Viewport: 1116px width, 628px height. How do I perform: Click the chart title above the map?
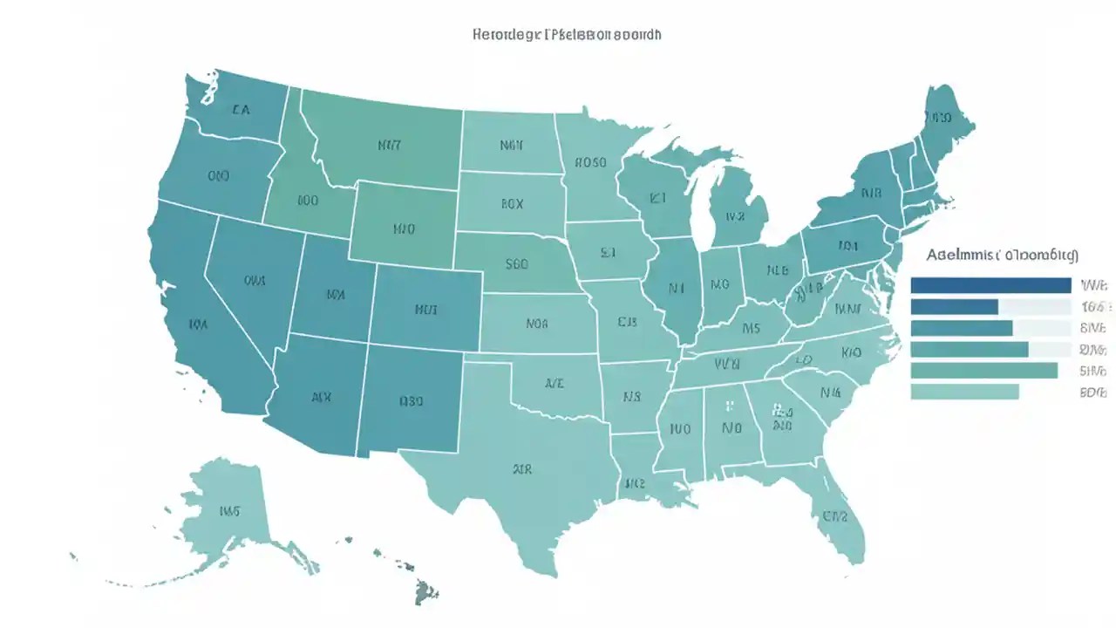pyautogui.click(x=566, y=35)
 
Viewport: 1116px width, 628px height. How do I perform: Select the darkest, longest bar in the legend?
pyautogui.click(x=990, y=285)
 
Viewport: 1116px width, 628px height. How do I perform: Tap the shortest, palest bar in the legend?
pyautogui.click(x=964, y=392)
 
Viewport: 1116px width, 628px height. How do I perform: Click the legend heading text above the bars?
pyautogui.click(x=1002, y=256)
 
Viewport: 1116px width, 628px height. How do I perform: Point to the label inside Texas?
pyautogui.click(x=521, y=468)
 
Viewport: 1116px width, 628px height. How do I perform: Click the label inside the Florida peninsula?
pyautogui.click(x=834, y=515)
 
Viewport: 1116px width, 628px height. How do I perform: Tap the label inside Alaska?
pyautogui.click(x=230, y=510)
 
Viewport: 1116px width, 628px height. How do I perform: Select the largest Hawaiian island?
pyautogui.click(x=425, y=592)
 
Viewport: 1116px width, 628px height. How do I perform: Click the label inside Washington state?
pyautogui.click(x=241, y=111)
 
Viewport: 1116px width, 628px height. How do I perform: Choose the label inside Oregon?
pyautogui.click(x=218, y=175)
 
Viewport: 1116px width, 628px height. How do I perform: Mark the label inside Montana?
pyautogui.click(x=389, y=146)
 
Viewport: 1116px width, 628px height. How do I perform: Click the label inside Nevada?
pyautogui.click(x=254, y=281)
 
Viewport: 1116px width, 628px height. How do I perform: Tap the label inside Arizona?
pyautogui.click(x=321, y=396)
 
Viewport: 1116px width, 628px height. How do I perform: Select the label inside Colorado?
pyautogui.click(x=425, y=309)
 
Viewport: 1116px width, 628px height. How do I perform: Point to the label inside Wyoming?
pyautogui.click(x=403, y=230)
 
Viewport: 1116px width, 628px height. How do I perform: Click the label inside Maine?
pyautogui.click(x=939, y=117)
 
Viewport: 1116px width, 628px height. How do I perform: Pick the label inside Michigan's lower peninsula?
pyautogui.click(x=735, y=215)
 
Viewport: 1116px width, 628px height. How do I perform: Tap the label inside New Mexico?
pyautogui.click(x=411, y=402)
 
